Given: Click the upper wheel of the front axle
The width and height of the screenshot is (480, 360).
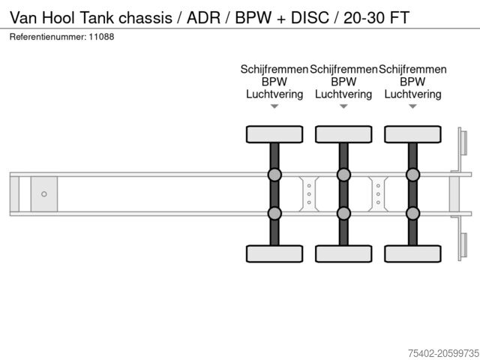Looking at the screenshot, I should pos(274,134).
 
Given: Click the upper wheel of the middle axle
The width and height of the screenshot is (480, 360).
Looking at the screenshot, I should pos(343,134).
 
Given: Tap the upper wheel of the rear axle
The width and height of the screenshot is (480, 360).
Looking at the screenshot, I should pos(412,134).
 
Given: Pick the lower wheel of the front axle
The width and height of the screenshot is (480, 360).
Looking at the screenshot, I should pos(274,254).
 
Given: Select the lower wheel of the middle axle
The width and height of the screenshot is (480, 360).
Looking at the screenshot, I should pos(343,254).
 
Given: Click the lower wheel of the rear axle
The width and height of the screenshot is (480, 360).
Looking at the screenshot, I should pos(412,254).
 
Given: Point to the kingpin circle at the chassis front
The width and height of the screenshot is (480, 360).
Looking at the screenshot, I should pos(44,194).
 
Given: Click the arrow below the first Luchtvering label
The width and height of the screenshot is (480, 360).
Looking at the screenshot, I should pos(274,106).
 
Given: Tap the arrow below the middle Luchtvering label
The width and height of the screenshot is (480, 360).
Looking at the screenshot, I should pos(343,106).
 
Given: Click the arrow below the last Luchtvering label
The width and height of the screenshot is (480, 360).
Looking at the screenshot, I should pos(412,106).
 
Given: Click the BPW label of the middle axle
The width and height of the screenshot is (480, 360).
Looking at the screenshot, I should pos(343,82).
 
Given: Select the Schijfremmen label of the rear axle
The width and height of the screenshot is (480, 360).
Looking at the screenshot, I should pos(412,69).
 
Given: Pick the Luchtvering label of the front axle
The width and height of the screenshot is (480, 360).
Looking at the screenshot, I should pos(274,94).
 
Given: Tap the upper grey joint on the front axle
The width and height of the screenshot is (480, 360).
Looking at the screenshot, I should pos(274,175).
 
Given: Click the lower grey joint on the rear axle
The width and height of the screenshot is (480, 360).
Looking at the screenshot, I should pos(412,213).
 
